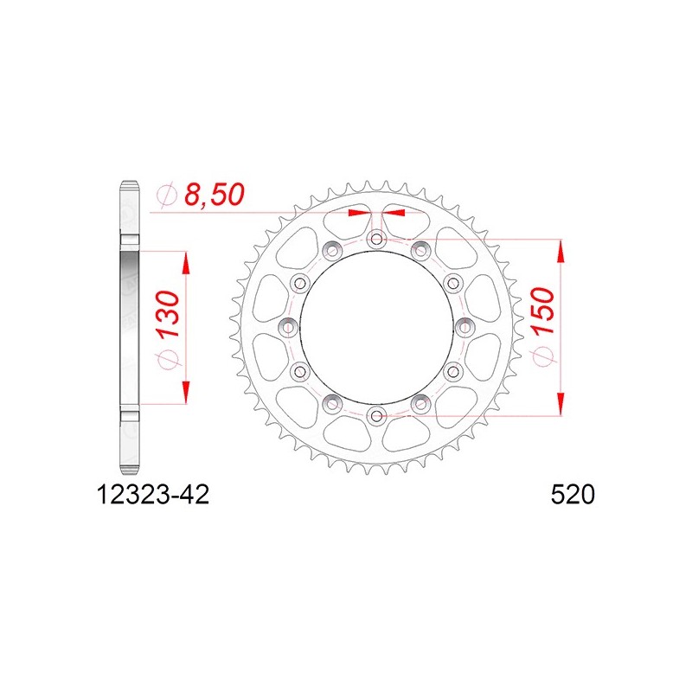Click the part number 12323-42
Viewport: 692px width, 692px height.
(153, 495)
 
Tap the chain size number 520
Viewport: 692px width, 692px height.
(573, 495)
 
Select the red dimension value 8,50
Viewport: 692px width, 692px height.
(214, 195)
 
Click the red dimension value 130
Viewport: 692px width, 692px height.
(170, 313)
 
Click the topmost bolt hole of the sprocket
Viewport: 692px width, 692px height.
(376, 240)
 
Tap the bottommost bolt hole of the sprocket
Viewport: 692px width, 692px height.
(376, 415)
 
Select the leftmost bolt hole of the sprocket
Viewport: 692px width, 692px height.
(289, 328)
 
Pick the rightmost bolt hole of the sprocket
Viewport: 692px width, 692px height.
(465, 328)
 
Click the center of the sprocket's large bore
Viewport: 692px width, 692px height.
(376, 328)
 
